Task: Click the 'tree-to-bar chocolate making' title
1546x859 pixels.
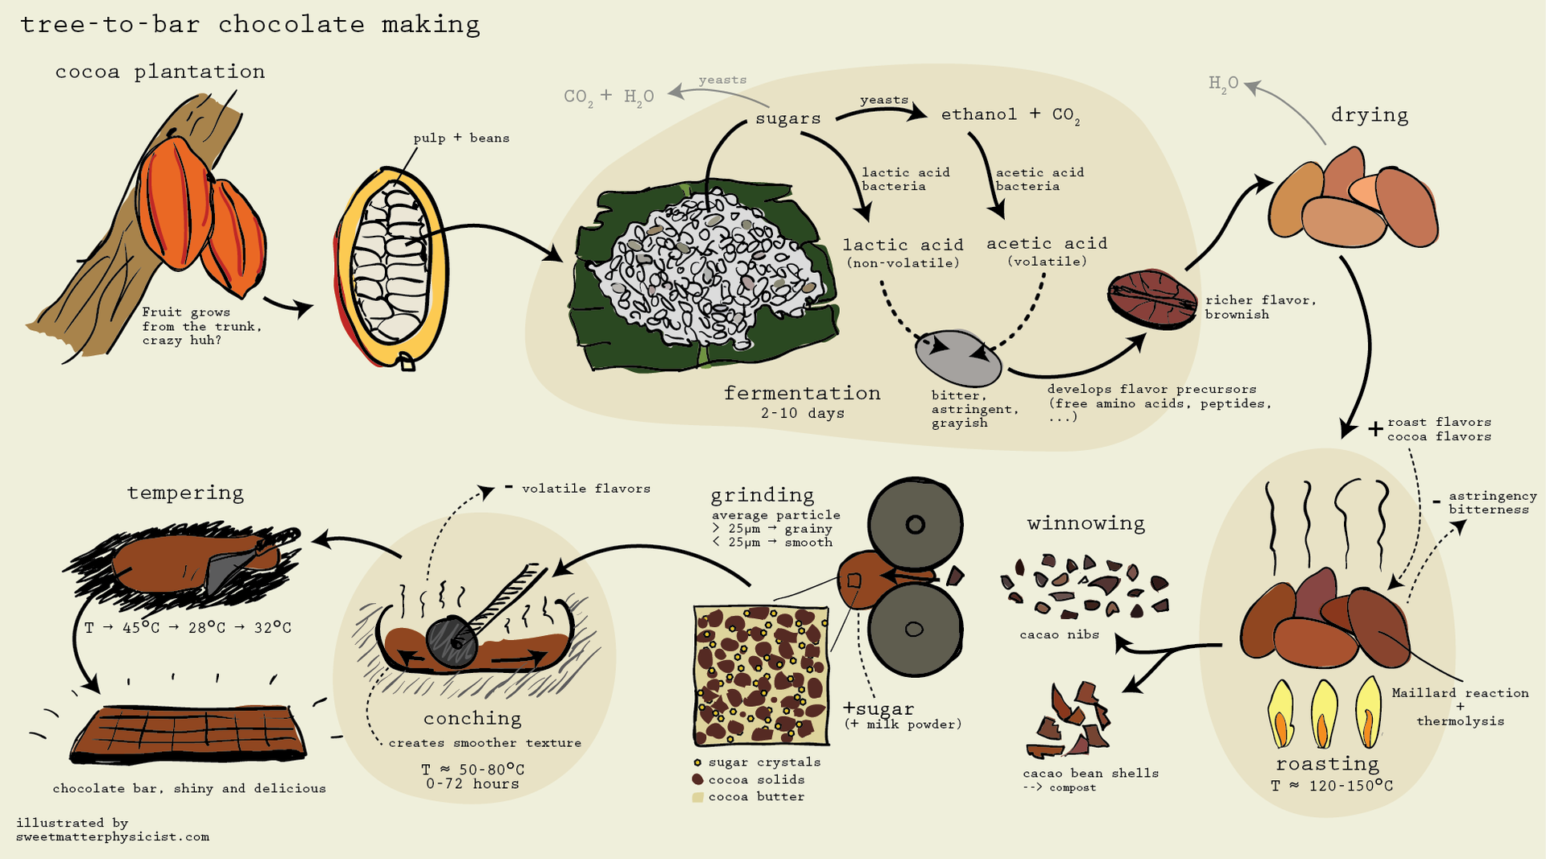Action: tap(250, 25)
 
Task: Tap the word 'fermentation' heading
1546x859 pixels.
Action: tap(802, 393)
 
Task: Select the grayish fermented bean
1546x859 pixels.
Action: tap(958, 358)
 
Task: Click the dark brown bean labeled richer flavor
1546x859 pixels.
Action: tap(1152, 299)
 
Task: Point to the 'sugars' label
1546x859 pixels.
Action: tap(788, 118)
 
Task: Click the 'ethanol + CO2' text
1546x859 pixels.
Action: tap(1011, 115)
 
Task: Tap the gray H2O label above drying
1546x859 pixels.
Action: tap(1223, 84)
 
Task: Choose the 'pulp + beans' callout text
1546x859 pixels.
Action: tap(461, 138)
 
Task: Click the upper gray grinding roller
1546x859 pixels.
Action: tap(916, 524)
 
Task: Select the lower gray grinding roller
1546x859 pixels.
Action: tap(916, 630)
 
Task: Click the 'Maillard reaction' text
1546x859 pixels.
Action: tap(1460, 692)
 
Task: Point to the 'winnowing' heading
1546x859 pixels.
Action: tap(1085, 523)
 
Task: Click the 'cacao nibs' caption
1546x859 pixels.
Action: tap(1059, 634)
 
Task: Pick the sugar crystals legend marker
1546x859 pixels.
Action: tap(697, 762)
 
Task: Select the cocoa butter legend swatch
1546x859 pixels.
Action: tap(697, 797)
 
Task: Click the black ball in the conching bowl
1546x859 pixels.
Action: tap(452, 642)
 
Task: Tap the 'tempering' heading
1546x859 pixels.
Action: tap(185, 493)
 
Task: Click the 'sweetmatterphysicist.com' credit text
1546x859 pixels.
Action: tap(113, 836)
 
